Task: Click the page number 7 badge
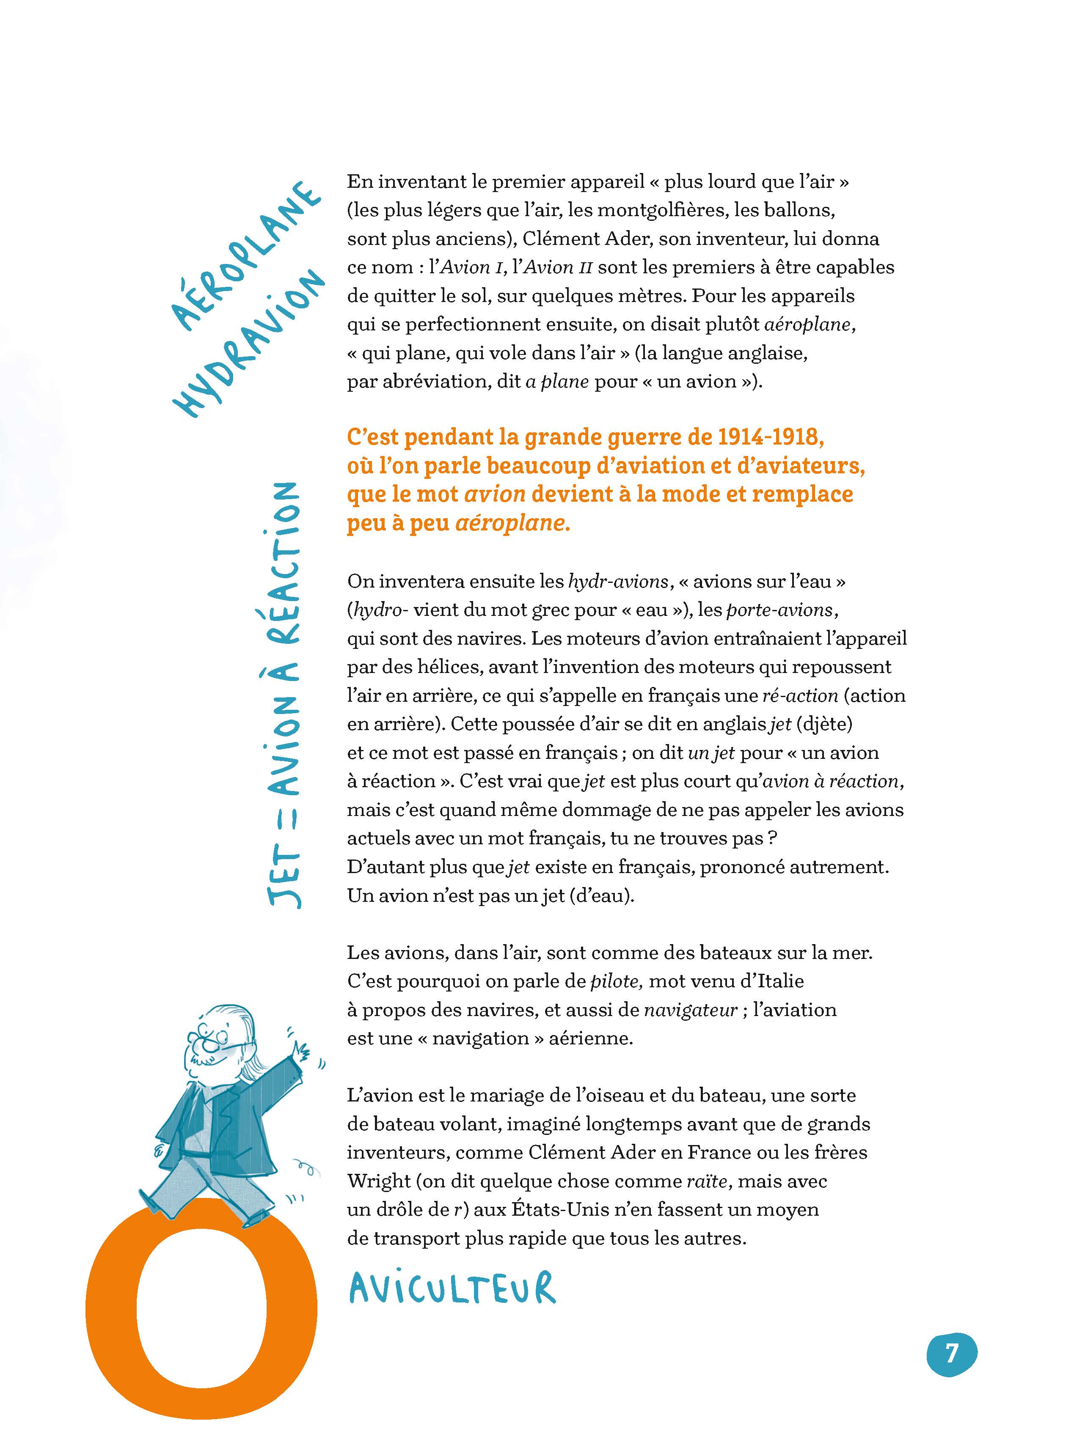point(951,1354)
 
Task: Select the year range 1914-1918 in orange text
point(771,437)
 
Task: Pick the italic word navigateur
point(691,1009)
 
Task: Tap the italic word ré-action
point(800,695)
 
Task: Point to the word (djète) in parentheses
point(824,723)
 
